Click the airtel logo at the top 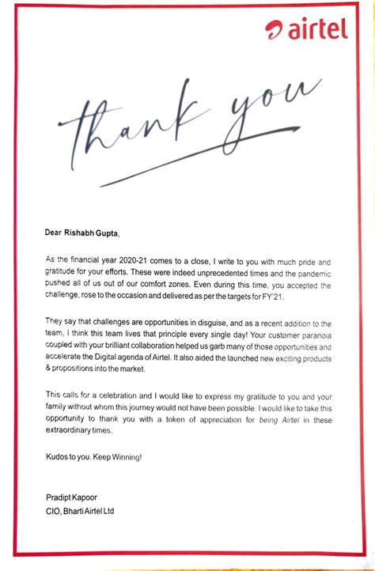coord(306,30)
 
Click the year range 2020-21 coord(132,259)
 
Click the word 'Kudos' coord(58,457)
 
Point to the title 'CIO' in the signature coord(54,510)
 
